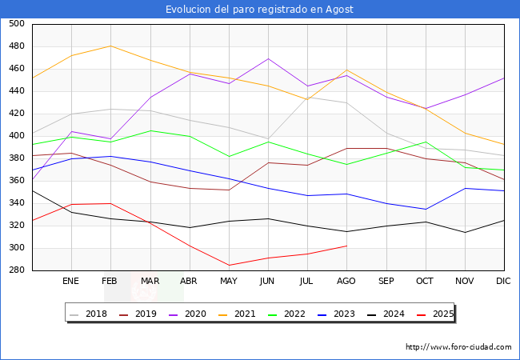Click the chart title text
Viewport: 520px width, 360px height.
click(259, 10)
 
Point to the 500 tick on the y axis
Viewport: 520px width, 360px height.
click(16, 24)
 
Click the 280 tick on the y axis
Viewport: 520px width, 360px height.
click(16, 270)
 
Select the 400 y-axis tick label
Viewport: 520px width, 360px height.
click(16, 136)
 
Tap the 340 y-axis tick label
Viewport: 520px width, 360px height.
click(16, 203)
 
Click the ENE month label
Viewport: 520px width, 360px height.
click(71, 282)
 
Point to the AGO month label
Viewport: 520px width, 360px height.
click(346, 282)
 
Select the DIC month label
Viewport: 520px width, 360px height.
click(503, 282)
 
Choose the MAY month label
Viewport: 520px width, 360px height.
click(229, 282)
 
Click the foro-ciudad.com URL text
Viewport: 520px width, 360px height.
click(458, 347)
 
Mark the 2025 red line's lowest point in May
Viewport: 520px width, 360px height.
click(229, 266)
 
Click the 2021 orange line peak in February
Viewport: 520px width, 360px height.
click(110, 46)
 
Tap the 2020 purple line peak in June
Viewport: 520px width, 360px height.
click(268, 58)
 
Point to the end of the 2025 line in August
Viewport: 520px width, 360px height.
click(346, 246)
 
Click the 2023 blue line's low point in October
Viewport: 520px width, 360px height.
click(425, 210)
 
